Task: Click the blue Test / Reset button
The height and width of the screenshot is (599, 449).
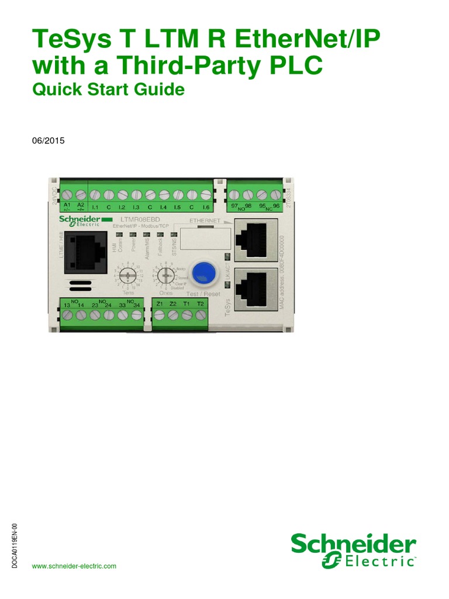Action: (202, 270)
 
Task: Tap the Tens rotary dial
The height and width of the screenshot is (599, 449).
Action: (127, 276)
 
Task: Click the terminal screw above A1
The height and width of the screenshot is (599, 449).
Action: (67, 194)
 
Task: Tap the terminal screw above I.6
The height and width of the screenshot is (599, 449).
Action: (206, 194)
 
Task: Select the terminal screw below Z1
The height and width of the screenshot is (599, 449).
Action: (159, 315)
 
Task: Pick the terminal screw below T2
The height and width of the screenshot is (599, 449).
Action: (201, 315)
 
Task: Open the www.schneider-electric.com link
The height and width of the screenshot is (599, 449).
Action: (74, 566)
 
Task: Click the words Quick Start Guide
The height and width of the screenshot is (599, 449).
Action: (108, 89)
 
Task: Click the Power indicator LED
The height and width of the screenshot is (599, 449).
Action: (133, 235)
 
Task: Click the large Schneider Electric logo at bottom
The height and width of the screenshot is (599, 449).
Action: (354, 550)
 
